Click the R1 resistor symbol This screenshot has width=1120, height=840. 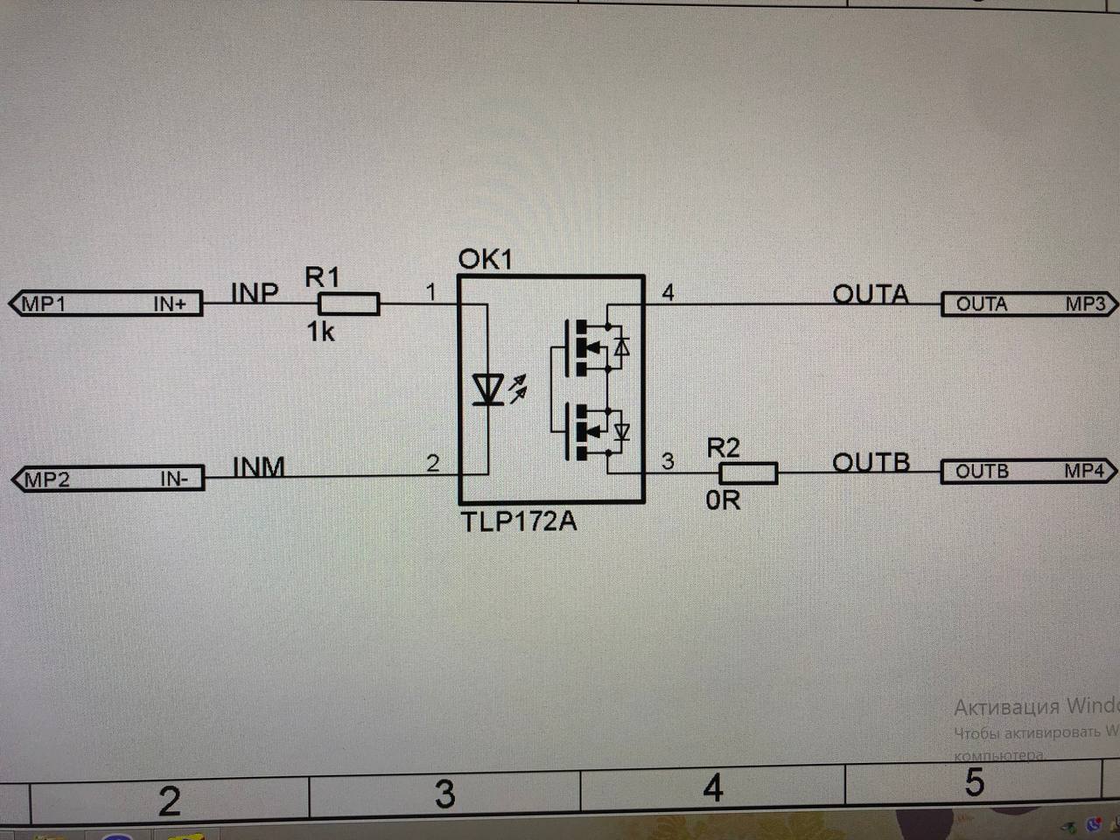tap(348, 304)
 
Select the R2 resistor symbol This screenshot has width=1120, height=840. tap(748, 472)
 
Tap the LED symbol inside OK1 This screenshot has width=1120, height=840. tap(486, 389)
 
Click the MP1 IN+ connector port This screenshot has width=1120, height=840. tap(106, 304)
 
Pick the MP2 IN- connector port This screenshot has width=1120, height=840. tap(108, 479)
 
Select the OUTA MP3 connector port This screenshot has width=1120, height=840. tap(1028, 304)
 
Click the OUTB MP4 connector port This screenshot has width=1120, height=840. tap(1028, 471)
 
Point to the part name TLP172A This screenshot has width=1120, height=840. tap(519, 521)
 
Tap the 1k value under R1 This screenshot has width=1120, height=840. tap(320, 332)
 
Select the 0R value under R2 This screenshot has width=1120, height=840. tap(723, 500)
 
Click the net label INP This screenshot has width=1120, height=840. tap(255, 292)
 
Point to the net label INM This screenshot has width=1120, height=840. tap(259, 466)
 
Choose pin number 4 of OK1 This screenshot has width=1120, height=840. tap(668, 292)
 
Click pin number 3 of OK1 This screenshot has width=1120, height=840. tap(668, 461)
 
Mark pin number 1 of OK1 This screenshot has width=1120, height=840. tap(430, 291)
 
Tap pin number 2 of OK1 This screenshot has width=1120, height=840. tap(432, 463)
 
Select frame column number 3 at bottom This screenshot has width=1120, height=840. tap(445, 794)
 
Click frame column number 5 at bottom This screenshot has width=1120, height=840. tap(975, 783)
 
